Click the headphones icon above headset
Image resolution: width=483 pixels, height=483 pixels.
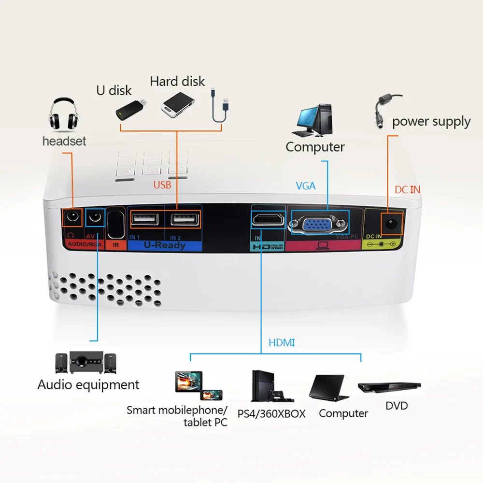coord(63,115)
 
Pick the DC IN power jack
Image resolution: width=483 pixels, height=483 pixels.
coord(390,224)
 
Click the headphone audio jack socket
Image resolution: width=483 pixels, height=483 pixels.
coord(72,218)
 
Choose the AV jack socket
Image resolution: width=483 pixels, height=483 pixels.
coord(95,218)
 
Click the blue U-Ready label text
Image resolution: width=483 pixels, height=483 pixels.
coord(164,245)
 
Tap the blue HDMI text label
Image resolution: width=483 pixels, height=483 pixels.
coord(281,343)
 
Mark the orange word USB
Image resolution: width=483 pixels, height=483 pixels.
coord(162,185)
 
